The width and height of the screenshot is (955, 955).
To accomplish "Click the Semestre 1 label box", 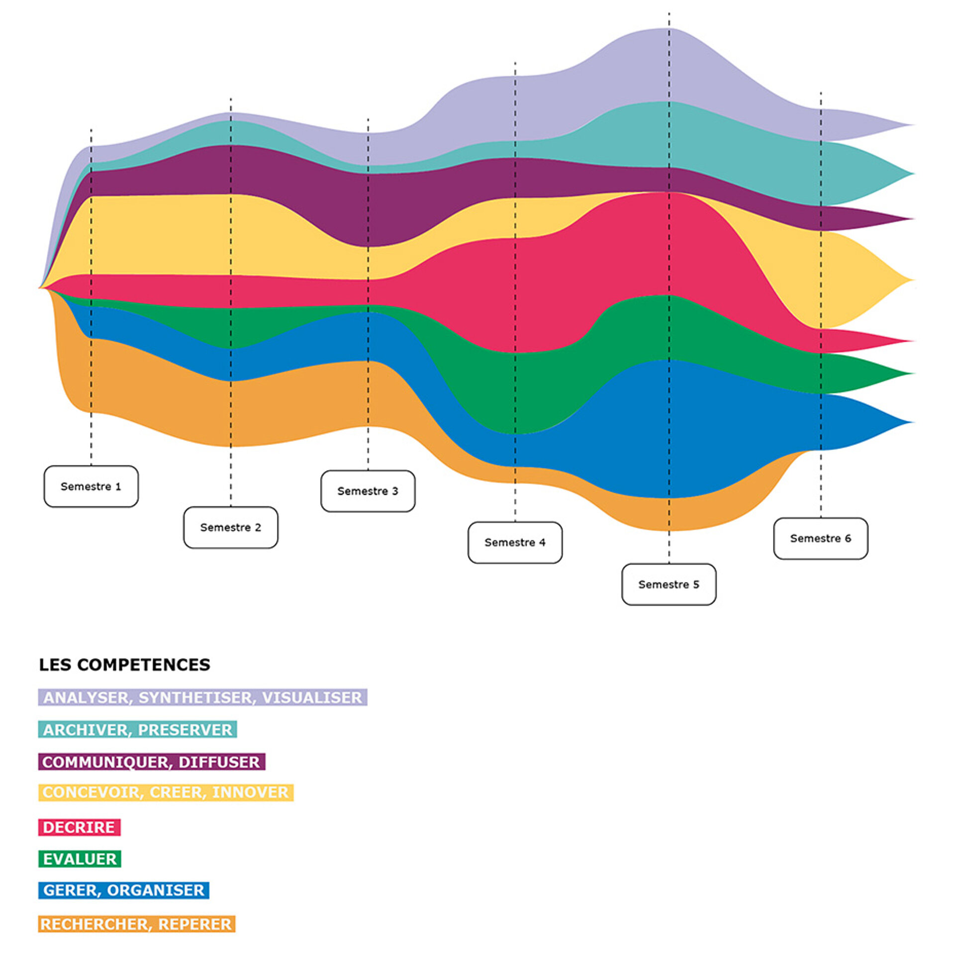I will pos(91,486).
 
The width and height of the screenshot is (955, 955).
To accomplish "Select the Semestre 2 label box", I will pos(231,527).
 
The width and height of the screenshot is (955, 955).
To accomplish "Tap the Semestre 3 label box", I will pos(368,491).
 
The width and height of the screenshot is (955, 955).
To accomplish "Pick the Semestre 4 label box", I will pos(515,543).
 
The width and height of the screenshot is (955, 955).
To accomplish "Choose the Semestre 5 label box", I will pos(669,584).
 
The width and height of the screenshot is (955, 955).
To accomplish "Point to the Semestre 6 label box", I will pos(821,538).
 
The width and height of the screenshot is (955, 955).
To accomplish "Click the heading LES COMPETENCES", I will pos(124,665).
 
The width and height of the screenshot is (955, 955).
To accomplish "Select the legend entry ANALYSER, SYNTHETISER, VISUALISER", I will pos(202,697).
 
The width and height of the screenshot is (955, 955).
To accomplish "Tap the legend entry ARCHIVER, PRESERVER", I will pos(137,730).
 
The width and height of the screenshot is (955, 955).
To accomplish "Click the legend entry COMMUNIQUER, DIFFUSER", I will pos(151,762).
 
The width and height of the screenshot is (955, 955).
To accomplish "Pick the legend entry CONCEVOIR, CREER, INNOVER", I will pos(166,792).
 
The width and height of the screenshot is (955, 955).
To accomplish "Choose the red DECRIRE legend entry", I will pos(79,827).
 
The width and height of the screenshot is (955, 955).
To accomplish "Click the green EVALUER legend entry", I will pos(80,859).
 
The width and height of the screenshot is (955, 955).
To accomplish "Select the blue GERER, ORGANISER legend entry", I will pos(123,890).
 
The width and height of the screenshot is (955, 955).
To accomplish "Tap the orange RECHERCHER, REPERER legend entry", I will pos(136,924).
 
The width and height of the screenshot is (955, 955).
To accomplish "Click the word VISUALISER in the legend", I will pos(312,697).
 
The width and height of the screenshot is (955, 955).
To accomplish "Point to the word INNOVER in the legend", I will pos(250,792).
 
